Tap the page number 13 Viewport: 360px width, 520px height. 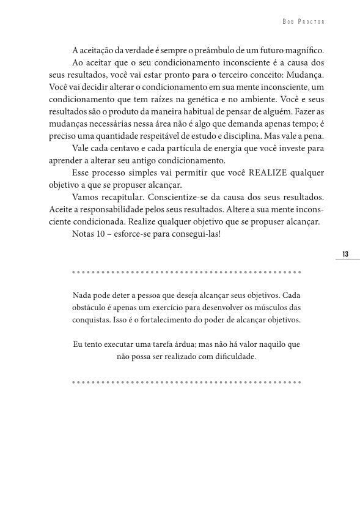point(345,253)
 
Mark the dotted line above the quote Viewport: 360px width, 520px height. point(186,270)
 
